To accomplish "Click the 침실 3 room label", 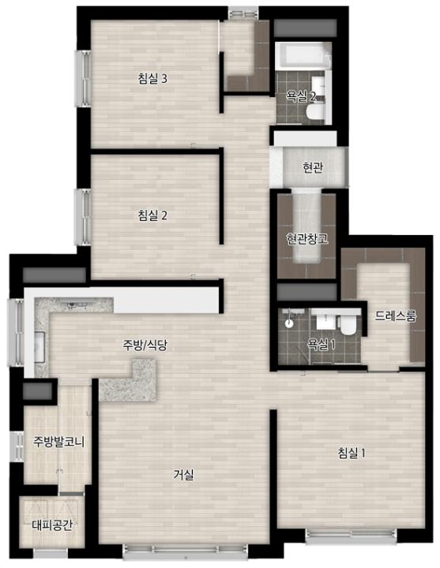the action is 152,78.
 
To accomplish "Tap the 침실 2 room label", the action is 152,215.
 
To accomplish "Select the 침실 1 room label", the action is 352,453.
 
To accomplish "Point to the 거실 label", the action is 184,475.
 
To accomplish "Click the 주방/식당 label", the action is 145,346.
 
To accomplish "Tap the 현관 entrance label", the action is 313,167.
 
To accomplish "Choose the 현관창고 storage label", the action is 306,239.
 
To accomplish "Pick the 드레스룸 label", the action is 395,316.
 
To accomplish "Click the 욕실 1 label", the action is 322,344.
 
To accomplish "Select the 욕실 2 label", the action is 301,95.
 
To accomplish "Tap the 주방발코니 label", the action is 58,441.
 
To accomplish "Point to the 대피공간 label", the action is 52,525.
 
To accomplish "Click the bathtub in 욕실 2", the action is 303,56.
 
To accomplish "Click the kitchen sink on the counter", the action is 39,347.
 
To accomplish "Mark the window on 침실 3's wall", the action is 83,79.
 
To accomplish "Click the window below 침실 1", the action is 351,536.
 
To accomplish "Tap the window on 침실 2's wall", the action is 83,217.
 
